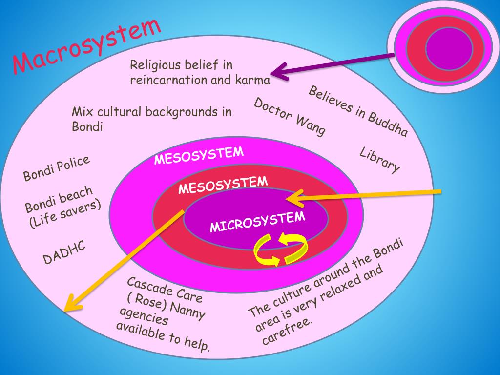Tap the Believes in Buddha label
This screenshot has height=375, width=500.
tap(358, 111)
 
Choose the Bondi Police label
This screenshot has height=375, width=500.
tap(57, 168)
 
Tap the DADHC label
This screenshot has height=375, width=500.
tap(64, 252)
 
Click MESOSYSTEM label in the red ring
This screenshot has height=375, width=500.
tap(223, 185)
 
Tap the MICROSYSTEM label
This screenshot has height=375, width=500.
tap(257, 222)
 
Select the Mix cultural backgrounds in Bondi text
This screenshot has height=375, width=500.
tap(151, 119)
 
